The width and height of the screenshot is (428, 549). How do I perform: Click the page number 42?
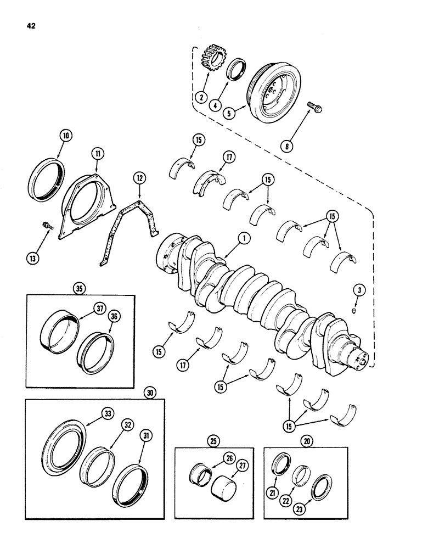click(x=29, y=25)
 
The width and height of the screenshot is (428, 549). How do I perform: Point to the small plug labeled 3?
click(x=354, y=311)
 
